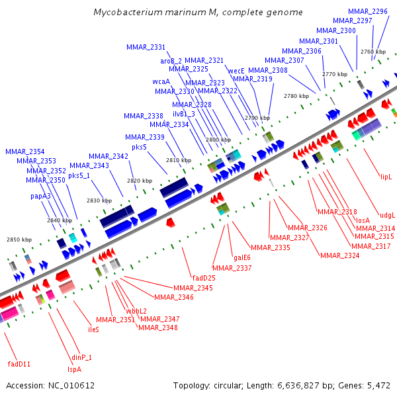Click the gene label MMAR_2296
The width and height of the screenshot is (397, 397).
click(x=368, y=12)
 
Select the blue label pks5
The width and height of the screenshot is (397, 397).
click(x=139, y=147)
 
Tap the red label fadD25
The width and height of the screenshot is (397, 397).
click(x=203, y=278)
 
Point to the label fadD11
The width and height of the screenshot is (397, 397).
click(x=19, y=364)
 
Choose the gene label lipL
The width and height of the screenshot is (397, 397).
click(x=386, y=177)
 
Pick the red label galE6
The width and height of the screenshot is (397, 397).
click(x=242, y=258)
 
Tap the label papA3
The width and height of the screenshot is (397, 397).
click(x=40, y=197)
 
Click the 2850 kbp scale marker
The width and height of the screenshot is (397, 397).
click(x=19, y=240)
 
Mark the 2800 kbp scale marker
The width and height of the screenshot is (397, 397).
click(x=218, y=140)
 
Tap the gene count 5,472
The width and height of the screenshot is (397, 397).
click(x=378, y=385)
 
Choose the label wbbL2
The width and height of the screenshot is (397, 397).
click(x=136, y=311)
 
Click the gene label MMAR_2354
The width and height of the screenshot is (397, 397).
click(x=25, y=152)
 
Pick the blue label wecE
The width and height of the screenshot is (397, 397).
click(x=236, y=70)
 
